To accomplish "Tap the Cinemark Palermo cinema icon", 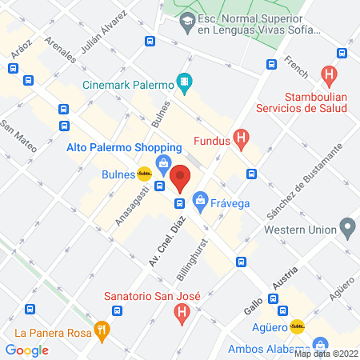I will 185,81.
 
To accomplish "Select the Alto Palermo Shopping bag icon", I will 164,165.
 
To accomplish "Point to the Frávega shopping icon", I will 200,202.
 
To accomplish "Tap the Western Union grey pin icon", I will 347,228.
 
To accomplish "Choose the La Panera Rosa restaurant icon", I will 101,328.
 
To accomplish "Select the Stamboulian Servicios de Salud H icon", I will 327,74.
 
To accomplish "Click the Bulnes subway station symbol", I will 144,173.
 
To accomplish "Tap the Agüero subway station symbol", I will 297,326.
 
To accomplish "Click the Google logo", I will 27,350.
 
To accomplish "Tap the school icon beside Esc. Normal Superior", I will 187,24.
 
